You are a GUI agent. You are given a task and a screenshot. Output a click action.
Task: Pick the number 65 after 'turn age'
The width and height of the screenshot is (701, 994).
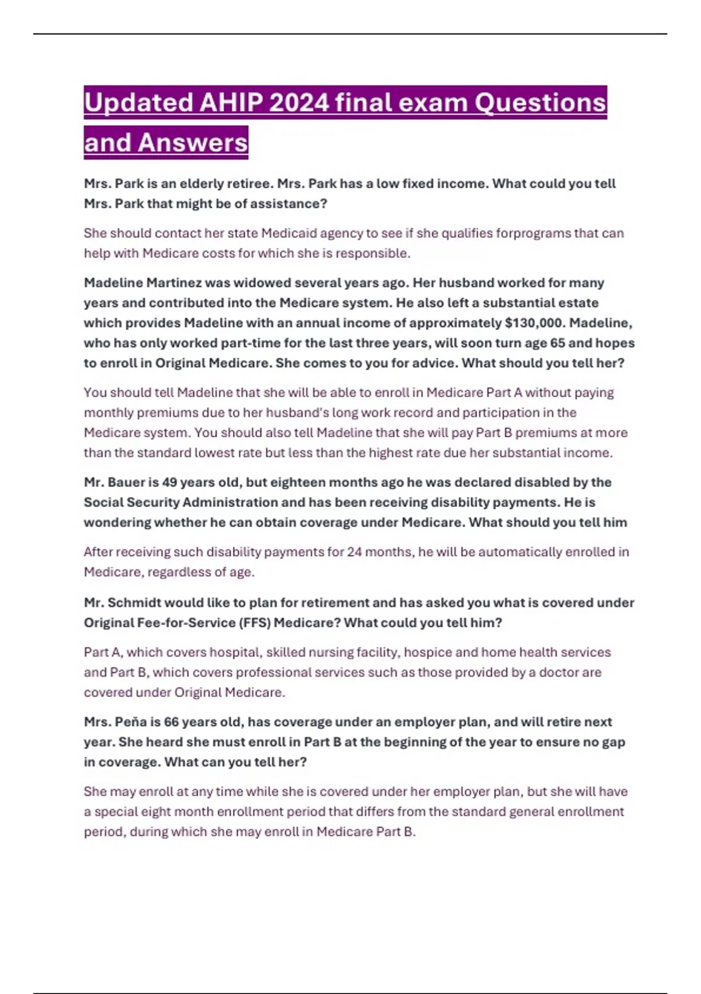[557, 343]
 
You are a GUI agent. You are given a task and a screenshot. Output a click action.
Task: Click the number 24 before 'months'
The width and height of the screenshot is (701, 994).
[355, 552]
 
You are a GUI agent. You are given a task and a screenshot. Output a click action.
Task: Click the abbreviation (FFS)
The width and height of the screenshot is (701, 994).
[254, 623]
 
